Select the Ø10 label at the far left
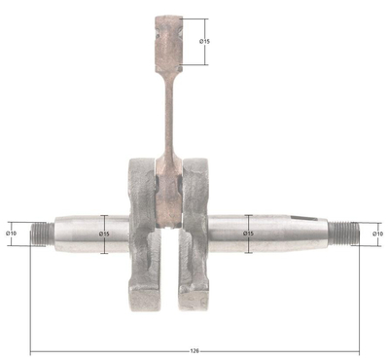point(12,233)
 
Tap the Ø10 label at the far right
point(377,233)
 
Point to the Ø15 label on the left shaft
point(104,234)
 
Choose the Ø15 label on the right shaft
point(248,234)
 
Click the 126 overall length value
point(195,350)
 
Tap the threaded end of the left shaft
point(43,234)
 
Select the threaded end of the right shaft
point(343,234)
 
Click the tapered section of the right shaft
point(292,234)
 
